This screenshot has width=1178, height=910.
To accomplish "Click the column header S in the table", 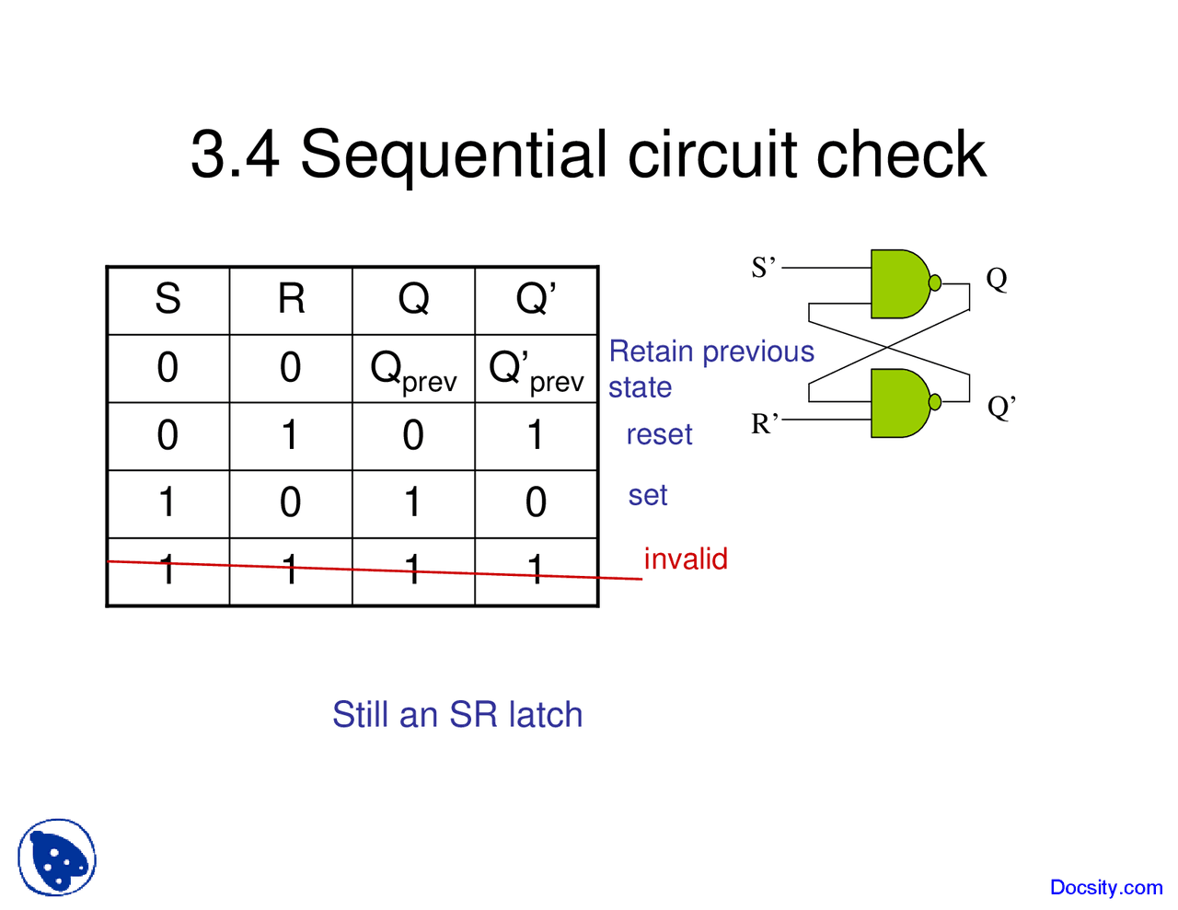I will [167, 299].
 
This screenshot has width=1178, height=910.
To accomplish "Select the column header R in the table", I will [291, 299].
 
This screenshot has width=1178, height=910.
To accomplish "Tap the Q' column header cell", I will [537, 299].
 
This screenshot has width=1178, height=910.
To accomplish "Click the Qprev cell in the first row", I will [413, 370].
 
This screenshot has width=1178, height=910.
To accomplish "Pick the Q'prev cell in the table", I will [537, 370].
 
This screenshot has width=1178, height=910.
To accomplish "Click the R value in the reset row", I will [291, 435].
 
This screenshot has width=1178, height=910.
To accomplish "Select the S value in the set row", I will [167, 502].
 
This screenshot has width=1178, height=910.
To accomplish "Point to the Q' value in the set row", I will [537, 502].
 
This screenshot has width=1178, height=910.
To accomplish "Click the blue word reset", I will [659, 434].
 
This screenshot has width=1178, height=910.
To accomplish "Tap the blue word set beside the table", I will [647, 495].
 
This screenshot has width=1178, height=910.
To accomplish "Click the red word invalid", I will [686, 559].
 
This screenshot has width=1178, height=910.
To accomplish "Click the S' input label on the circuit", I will [764, 268].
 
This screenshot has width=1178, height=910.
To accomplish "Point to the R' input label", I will [764, 423].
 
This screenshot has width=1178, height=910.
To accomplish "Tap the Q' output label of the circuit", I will [1001, 407].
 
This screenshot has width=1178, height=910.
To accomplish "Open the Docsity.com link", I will [1105, 887].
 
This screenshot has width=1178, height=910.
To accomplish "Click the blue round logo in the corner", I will [57, 858].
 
